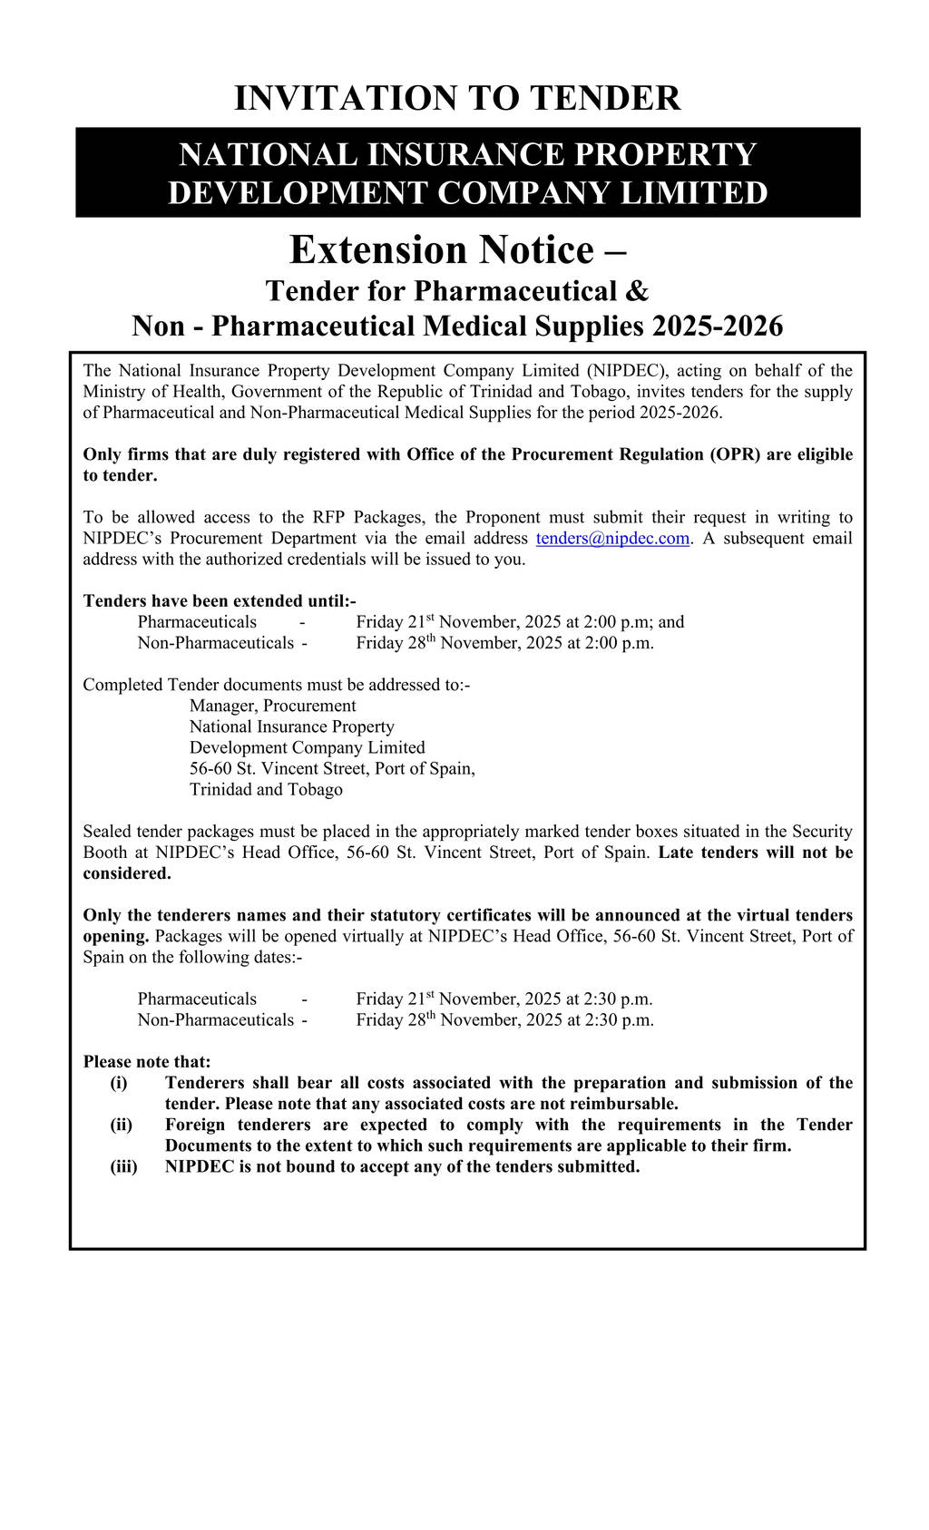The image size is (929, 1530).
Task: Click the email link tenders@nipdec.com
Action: [612, 539]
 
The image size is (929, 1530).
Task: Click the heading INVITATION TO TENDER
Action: [457, 98]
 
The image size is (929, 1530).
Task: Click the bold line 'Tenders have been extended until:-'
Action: [220, 601]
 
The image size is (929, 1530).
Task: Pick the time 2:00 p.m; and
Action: [634, 622]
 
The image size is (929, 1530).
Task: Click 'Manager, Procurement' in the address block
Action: [272, 706]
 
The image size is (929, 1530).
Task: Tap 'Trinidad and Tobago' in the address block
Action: [266, 789]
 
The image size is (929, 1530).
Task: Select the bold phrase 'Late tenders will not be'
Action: [756, 853]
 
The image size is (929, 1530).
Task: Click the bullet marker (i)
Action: [119, 1083]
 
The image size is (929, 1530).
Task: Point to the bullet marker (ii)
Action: [122, 1125]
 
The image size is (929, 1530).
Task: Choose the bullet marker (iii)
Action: [124, 1166]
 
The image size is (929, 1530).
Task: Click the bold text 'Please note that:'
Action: [147, 1062]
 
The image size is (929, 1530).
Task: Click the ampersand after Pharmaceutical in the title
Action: [637, 291]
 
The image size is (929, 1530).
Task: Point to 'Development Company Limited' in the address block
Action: [307, 747]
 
